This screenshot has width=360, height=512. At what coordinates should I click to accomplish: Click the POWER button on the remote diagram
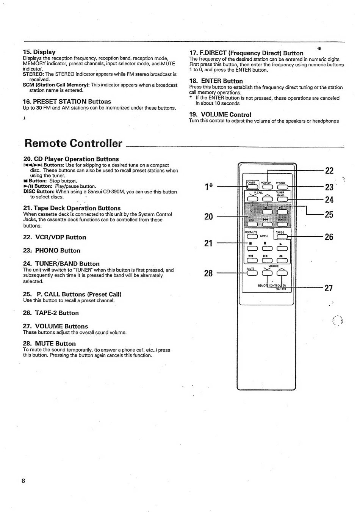coord(252,186)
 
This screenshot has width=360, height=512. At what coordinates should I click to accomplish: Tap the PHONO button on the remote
coord(282,186)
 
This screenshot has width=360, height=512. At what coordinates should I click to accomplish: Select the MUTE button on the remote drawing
coord(252,273)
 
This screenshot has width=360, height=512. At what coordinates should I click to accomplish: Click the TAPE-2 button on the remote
coord(282,237)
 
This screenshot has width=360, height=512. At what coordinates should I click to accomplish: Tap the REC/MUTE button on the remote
coord(252,237)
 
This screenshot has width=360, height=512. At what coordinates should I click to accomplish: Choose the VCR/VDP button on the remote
coord(268,186)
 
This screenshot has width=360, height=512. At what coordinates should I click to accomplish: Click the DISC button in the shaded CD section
coord(252,224)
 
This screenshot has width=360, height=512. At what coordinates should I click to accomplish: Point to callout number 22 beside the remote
coord(329,171)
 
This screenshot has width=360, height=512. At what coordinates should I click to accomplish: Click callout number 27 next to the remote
coord(329,288)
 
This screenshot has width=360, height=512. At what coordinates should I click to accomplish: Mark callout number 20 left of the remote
coord(208,217)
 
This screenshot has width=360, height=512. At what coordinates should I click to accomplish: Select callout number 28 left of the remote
coord(208,273)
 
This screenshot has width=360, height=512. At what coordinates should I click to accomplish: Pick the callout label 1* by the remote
coord(209,187)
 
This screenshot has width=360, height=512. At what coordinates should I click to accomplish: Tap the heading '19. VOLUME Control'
coord(220,115)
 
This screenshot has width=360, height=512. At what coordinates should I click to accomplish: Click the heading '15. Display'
coord(39,52)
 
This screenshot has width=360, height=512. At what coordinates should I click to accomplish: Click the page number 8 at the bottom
coord(23,481)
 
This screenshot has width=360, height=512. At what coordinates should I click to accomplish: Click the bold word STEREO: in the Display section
coord(33,74)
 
